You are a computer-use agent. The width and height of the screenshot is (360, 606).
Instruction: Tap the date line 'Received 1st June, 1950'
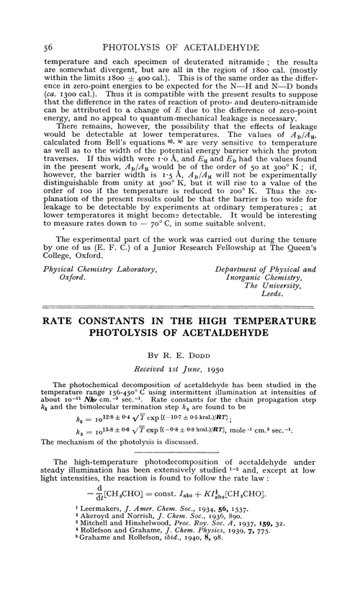[179, 369]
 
